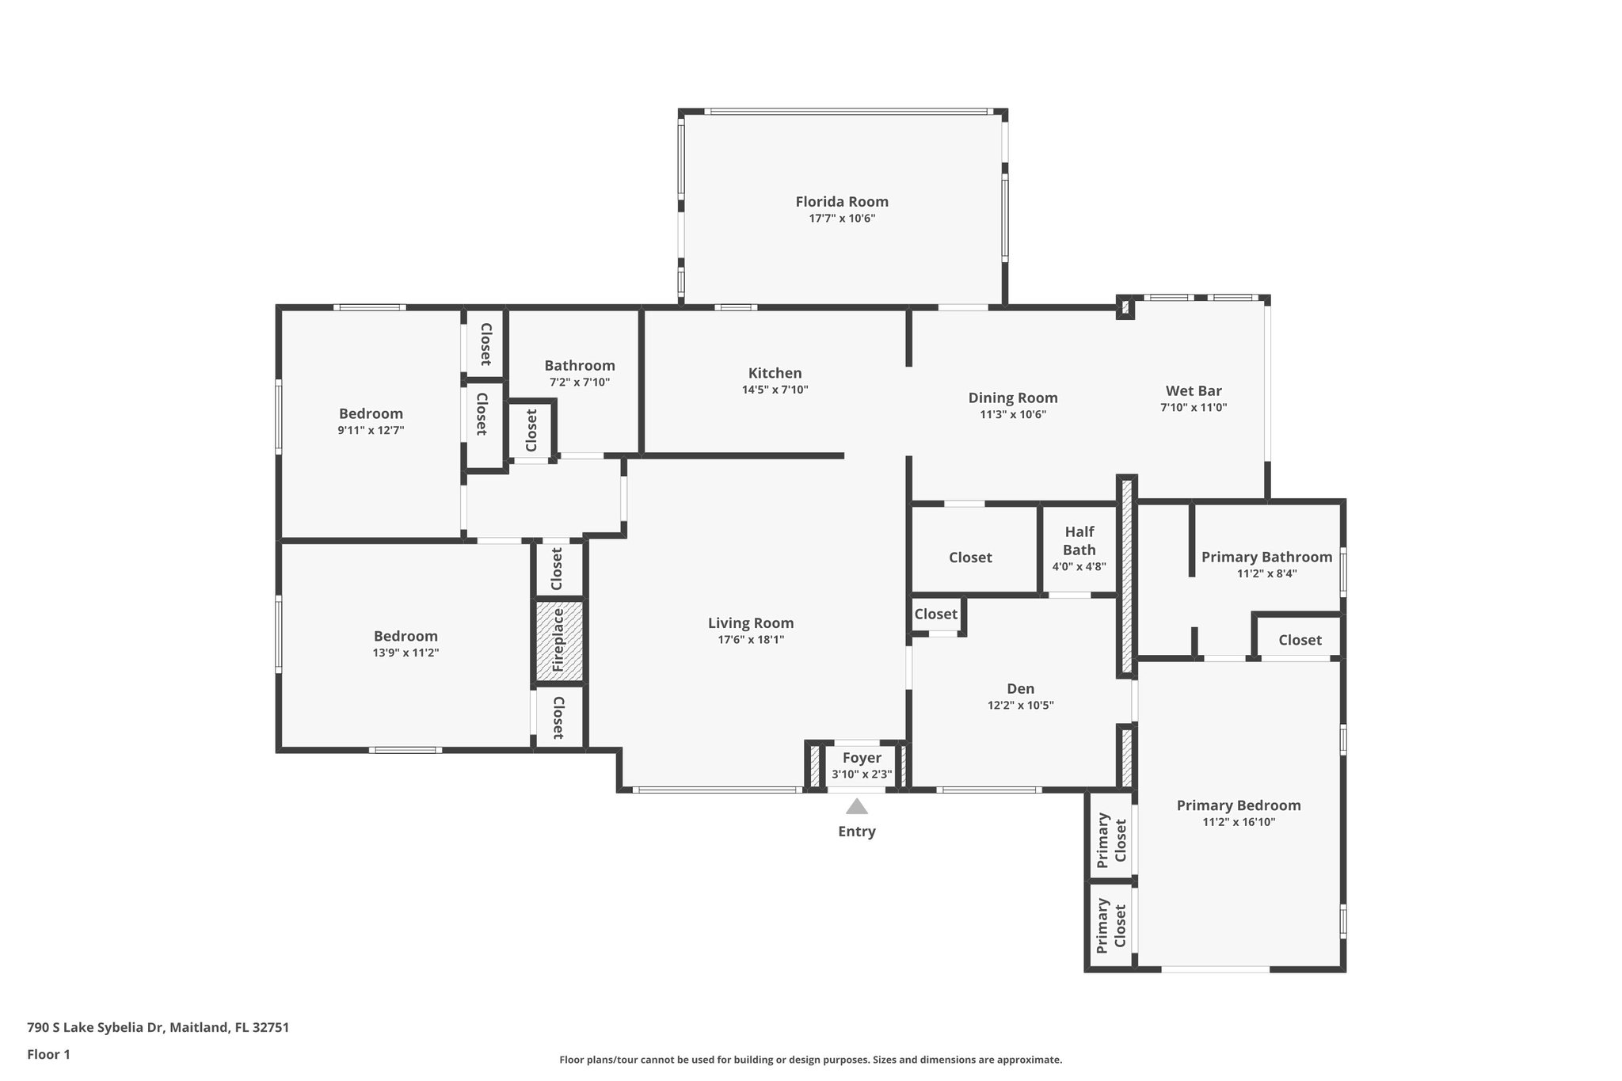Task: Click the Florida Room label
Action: click(841, 202)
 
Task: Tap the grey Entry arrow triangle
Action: click(856, 807)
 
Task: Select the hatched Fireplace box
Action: click(559, 641)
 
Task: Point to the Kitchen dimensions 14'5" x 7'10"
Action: click(775, 390)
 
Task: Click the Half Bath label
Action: click(1079, 541)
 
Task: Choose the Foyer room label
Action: click(862, 758)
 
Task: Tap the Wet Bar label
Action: click(1193, 390)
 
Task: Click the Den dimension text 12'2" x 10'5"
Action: click(1020, 706)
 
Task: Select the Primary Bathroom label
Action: click(1266, 557)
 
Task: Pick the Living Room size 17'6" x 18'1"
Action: click(750, 640)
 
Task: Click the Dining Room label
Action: click(1012, 398)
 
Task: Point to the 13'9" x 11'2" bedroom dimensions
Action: click(405, 653)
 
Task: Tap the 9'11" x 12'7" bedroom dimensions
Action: click(371, 431)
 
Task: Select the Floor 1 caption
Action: click(48, 1054)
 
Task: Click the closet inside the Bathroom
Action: click(531, 428)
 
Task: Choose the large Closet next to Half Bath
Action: click(970, 558)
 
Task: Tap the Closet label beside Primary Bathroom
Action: click(1299, 640)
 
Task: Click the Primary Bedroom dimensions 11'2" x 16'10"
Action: click(1238, 822)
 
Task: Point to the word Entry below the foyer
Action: click(856, 832)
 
